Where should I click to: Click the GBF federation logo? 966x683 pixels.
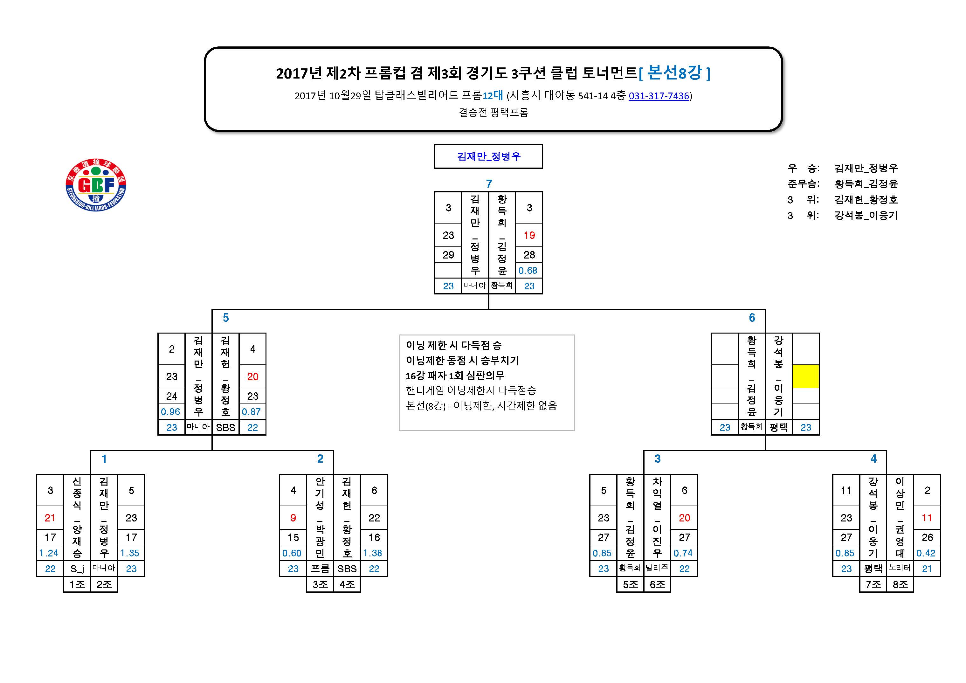click(96, 185)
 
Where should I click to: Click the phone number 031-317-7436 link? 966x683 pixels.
click(659, 96)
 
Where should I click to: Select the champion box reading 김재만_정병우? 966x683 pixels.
click(488, 156)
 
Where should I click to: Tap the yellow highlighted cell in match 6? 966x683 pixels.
click(805, 376)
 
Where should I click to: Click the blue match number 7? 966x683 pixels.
click(489, 184)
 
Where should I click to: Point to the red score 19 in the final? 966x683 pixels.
click(529, 235)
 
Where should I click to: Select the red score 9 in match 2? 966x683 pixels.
click(293, 518)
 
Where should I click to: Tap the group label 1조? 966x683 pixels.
click(77, 584)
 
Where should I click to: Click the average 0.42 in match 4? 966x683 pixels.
click(926, 553)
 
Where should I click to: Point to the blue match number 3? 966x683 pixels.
click(657, 459)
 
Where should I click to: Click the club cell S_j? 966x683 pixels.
click(77, 569)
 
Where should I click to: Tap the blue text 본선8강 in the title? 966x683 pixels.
click(674, 73)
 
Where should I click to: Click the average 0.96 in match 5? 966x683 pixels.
click(170, 412)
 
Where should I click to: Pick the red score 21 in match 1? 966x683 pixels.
click(50, 518)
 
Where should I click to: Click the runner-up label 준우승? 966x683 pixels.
click(804, 184)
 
